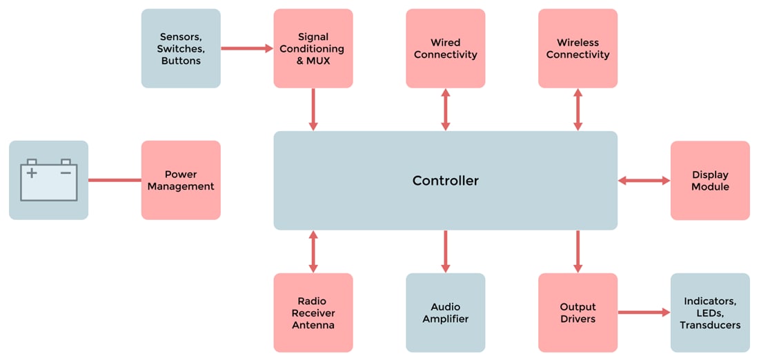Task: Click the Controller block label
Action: [445, 181]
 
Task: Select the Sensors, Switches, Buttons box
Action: [181, 48]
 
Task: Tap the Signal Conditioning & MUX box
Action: [313, 48]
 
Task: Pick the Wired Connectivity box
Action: [445, 48]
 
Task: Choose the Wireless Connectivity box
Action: [578, 48]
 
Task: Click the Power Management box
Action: [181, 180]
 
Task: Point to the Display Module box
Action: [710, 181]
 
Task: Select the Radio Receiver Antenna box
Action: [313, 312]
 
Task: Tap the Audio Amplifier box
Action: [445, 312]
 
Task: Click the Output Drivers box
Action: [578, 312]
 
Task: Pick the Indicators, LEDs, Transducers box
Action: [710, 312]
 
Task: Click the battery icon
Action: [48, 180]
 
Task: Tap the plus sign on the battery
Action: [32, 173]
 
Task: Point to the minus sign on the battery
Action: [66, 173]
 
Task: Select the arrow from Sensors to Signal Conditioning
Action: [247, 48]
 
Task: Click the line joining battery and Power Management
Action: [115, 181]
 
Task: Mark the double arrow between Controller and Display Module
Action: [644, 181]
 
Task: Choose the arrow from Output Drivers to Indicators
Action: [644, 312]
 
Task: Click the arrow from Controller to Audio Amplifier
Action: [445, 252]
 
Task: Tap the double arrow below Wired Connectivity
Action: [445, 109]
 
